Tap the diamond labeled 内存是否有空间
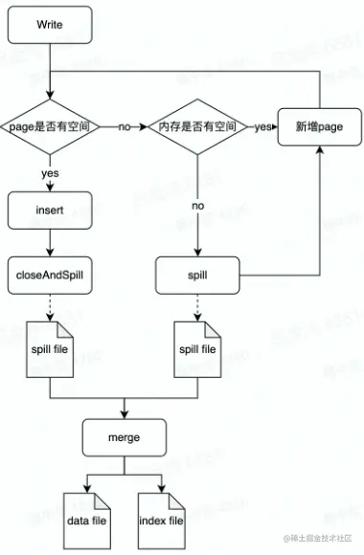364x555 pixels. coord(197,125)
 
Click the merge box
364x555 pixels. coord(125,436)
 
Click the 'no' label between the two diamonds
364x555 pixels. coord(125,125)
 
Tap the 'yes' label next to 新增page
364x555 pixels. coord(261,125)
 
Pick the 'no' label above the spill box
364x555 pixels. coord(197,204)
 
